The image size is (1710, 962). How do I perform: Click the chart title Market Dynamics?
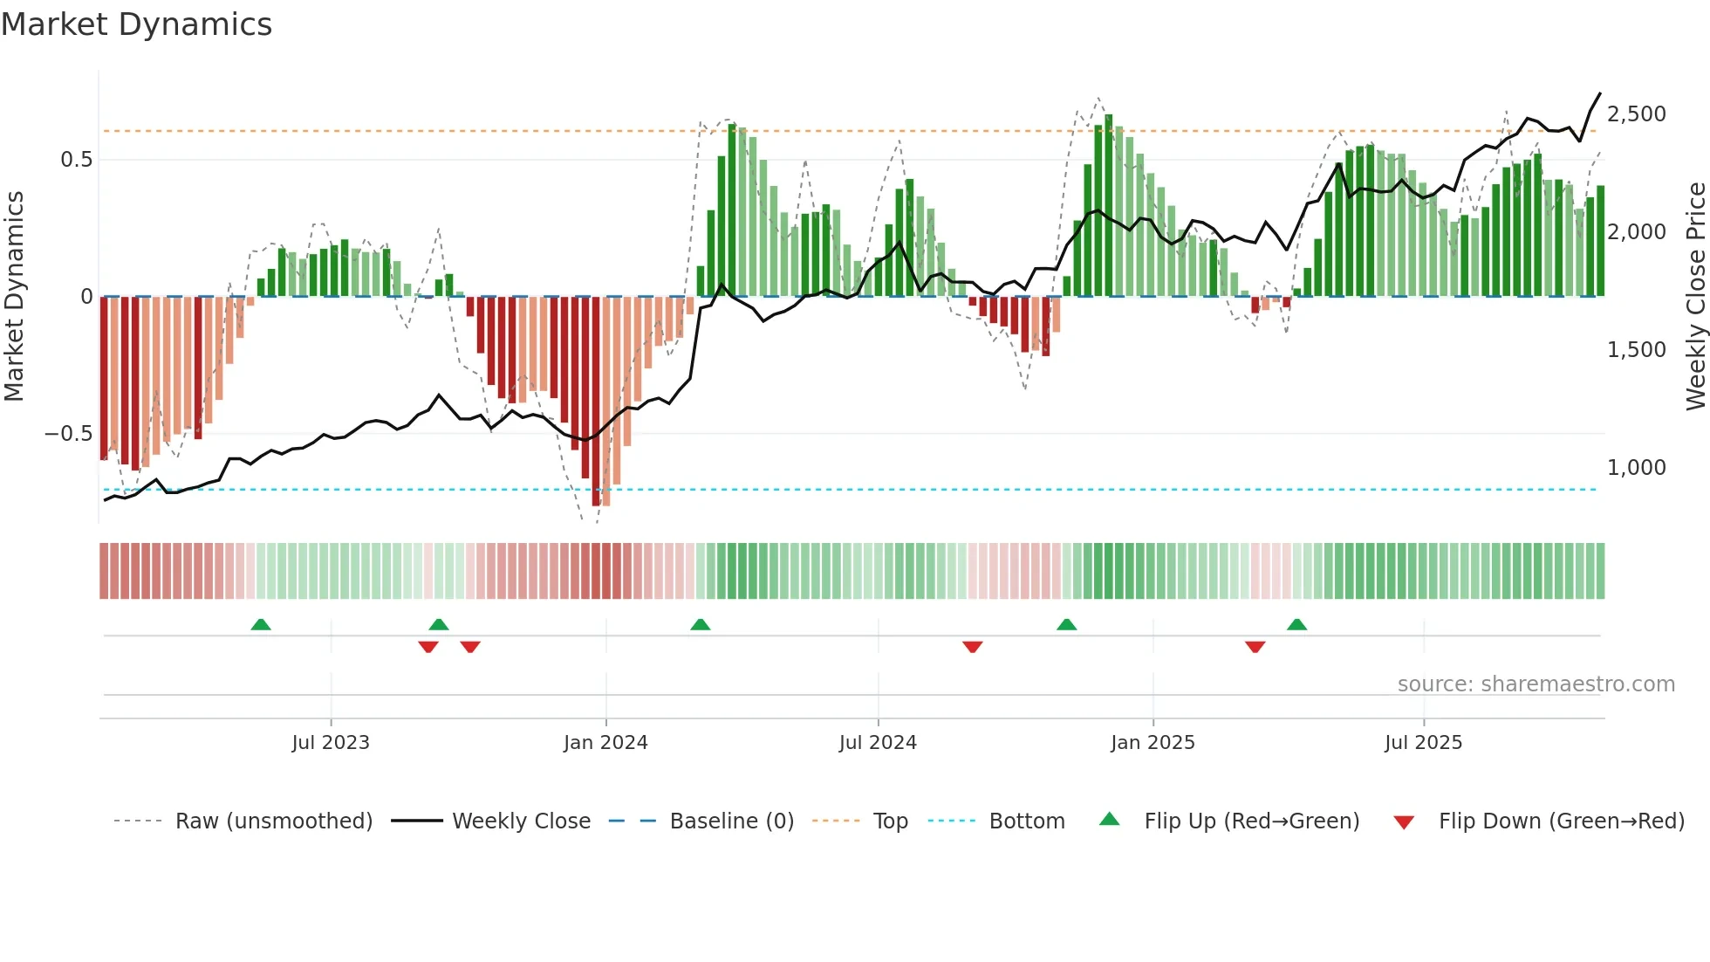(x=136, y=24)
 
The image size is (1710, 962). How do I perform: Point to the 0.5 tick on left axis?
(x=76, y=160)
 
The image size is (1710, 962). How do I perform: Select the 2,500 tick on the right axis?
(x=1636, y=114)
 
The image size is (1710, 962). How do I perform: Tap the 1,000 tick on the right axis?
(x=1636, y=468)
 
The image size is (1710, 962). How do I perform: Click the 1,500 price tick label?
(x=1636, y=350)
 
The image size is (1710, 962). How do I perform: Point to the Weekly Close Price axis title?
(x=1695, y=297)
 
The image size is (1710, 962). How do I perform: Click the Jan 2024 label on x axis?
(x=605, y=743)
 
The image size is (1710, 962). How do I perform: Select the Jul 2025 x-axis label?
(x=1423, y=743)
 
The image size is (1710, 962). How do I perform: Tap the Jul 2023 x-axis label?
(x=331, y=743)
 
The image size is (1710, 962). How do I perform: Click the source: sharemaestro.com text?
(x=1536, y=684)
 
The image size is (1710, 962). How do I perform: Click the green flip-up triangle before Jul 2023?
(x=261, y=625)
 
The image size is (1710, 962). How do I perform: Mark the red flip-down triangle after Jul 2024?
(x=973, y=647)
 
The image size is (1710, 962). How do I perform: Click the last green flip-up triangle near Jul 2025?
(x=1297, y=625)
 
